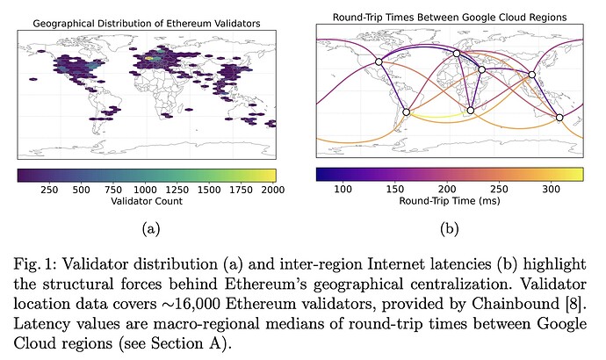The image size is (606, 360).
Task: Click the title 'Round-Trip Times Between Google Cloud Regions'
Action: [448, 17]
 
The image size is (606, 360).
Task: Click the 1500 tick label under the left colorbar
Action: [211, 188]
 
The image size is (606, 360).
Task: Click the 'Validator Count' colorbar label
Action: [146, 201]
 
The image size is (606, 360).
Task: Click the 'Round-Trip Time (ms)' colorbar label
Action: [448, 201]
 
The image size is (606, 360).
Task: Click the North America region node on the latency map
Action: [379, 61]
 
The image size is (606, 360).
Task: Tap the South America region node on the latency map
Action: [406, 112]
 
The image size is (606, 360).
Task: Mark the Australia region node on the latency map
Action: [559, 117]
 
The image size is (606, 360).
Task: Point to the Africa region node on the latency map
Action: [471, 111]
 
